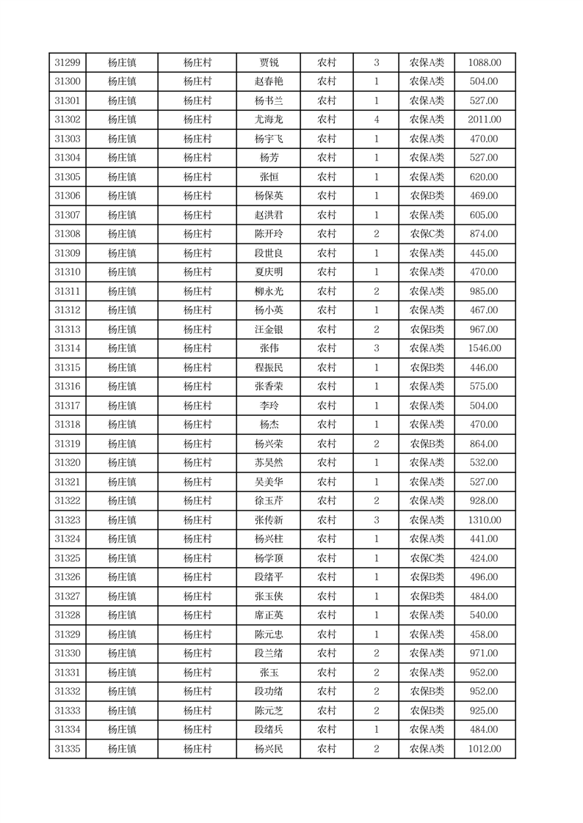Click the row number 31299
pos(68,62)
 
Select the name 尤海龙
pos(269,120)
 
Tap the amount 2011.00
pos(485,120)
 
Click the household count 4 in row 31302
pos(377,120)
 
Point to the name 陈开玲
pos(269,234)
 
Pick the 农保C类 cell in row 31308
pos(427,234)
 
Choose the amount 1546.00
pos(485,348)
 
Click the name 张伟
pos(269,348)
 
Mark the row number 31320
pos(68,463)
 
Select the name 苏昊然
pos(269,463)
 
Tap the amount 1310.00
pos(485,520)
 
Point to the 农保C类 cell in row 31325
pos(427,558)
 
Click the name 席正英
pos(269,615)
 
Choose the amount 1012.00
pos(485,749)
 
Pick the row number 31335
pos(68,749)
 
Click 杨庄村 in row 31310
pos(198,272)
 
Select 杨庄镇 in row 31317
pos(122,406)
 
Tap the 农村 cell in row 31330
pos(327,654)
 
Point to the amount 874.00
pos(485,234)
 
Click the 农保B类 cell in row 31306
pos(427,196)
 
